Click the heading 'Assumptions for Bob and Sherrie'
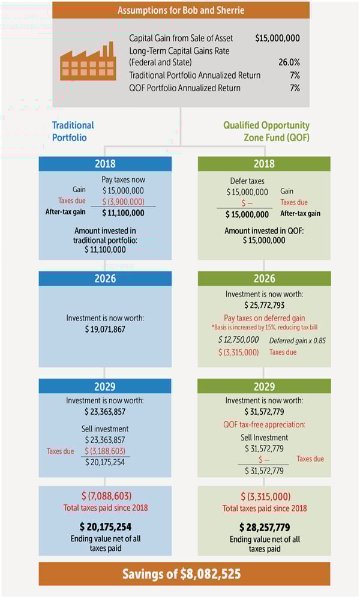(181, 10)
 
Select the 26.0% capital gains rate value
(287, 62)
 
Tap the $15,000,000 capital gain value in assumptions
(277, 38)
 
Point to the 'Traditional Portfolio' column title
(73, 131)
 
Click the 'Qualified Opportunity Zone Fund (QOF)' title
(266, 131)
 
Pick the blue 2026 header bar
(105, 278)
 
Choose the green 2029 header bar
(264, 386)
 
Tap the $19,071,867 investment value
(105, 330)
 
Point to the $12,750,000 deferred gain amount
(238, 340)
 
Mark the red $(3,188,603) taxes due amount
(106, 451)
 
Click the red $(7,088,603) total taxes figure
(106, 496)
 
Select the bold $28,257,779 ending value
(264, 526)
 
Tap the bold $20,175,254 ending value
(106, 526)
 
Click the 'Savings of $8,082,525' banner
(181, 574)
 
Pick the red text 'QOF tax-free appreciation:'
(264, 425)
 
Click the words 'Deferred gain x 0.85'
(298, 340)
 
